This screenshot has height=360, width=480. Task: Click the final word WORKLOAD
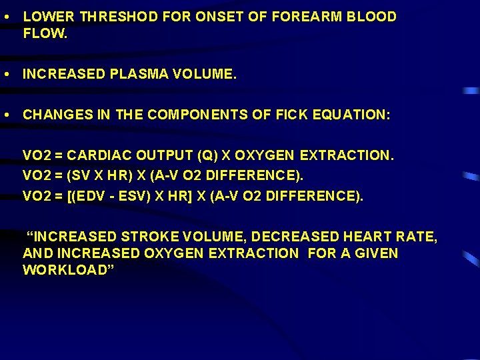[x=67, y=270]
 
